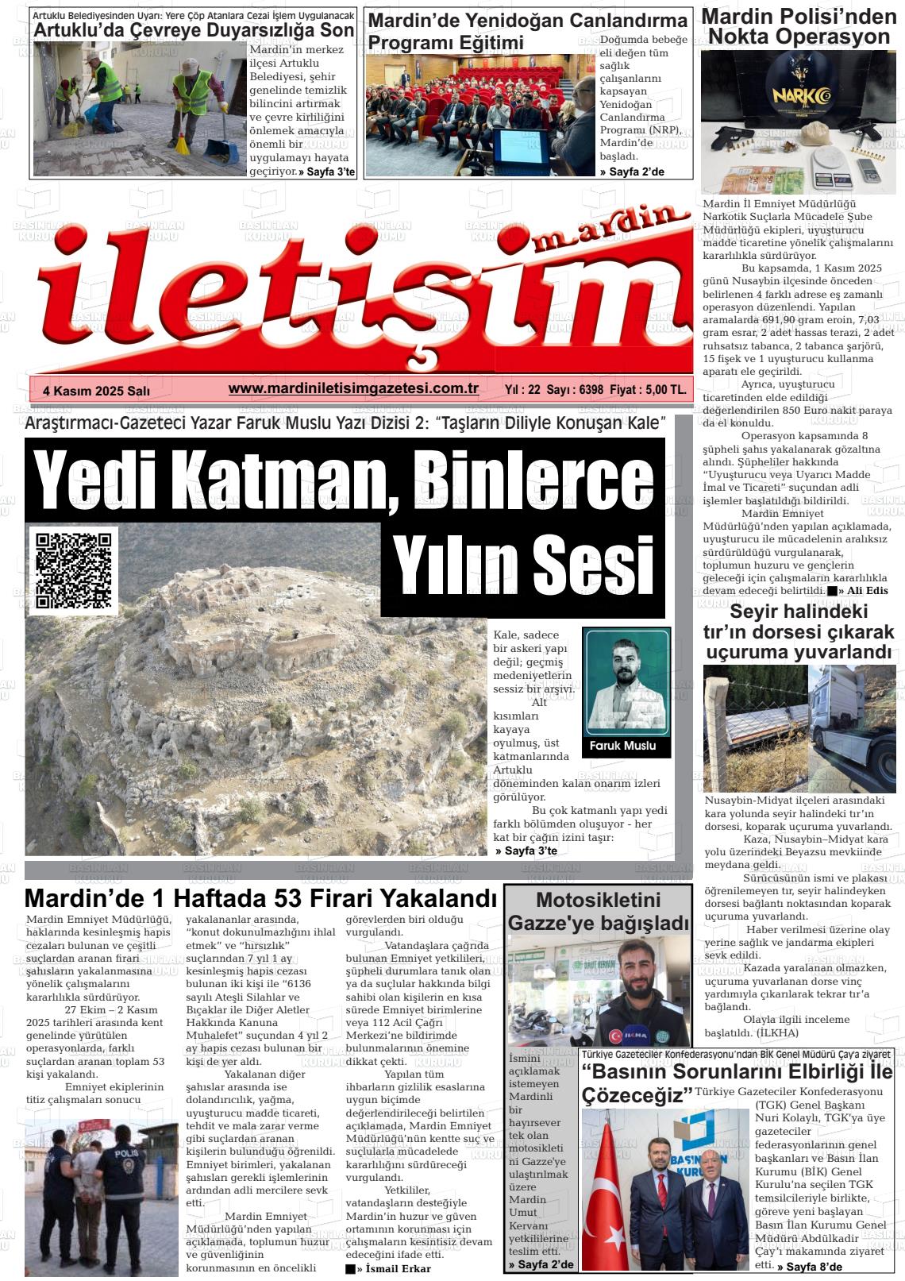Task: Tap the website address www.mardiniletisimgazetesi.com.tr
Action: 352,388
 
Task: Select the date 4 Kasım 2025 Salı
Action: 96,391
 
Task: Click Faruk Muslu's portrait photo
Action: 627,682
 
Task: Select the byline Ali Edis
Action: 868,591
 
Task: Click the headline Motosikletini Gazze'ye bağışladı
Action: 598,912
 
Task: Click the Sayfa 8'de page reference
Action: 810,1267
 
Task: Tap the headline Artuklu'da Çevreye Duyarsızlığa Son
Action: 193,31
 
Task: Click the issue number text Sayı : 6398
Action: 576,390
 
